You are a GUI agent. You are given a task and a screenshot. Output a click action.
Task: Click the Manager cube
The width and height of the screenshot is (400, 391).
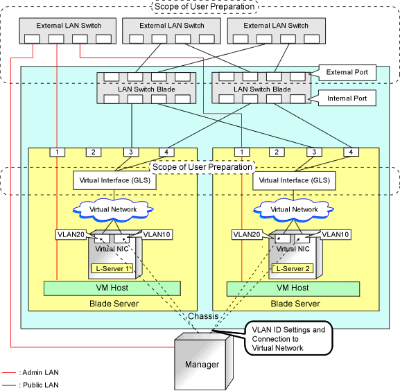pyautogui.click(x=204, y=362)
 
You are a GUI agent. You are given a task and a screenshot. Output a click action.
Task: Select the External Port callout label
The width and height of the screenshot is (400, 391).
pyautogui.click(x=347, y=72)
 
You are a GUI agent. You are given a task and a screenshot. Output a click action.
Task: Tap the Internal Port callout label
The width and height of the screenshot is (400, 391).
pyautogui.click(x=347, y=98)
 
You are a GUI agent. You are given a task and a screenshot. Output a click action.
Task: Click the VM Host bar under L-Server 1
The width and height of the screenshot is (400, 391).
pyautogui.click(x=112, y=288)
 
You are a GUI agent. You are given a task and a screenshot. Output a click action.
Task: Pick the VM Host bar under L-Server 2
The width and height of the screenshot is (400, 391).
pyautogui.click(x=293, y=289)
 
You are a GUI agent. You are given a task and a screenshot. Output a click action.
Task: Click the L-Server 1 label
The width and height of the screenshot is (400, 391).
pyautogui.click(x=112, y=268)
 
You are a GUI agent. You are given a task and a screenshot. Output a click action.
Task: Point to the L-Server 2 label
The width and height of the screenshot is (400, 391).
pyautogui.click(x=293, y=268)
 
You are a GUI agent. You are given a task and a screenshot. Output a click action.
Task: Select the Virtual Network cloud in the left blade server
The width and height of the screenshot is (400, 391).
pyautogui.click(x=113, y=210)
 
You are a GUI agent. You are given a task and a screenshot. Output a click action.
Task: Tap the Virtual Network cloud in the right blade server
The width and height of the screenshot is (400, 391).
pyautogui.click(x=294, y=210)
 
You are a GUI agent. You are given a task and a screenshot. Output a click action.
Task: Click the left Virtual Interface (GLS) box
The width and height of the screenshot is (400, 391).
pyautogui.click(x=114, y=180)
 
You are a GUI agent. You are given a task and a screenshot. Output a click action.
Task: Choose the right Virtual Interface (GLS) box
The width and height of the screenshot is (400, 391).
pyautogui.click(x=294, y=180)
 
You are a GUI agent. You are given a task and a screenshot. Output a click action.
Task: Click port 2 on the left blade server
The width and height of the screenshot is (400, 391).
pyautogui.click(x=94, y=153)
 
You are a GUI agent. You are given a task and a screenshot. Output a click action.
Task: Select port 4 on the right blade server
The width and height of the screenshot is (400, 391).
pyautogui.click(x=351, y=152)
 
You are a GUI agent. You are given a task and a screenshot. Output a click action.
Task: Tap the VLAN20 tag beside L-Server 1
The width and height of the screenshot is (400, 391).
pyautogui.click(x=71, y=234)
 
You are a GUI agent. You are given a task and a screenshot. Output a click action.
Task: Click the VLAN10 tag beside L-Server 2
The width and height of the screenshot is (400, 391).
pyautogui.click(x=336, y=234)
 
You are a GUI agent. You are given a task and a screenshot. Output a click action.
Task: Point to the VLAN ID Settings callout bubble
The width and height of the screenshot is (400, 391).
pyautogui.click(x=288, y=338)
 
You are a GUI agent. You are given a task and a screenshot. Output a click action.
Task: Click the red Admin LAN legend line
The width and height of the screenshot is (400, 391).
pyautogui.click(x=9, y=373)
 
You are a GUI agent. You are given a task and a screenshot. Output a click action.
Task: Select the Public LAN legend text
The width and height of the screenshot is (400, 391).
pyautogui.click(x=39, y=385)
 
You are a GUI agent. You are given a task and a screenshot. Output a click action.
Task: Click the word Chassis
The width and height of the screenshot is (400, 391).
pyautogui.click(x=203, y=316)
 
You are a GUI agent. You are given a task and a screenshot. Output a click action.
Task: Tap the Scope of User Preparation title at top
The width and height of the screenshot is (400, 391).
pyautogui.click(x=205, y=7)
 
